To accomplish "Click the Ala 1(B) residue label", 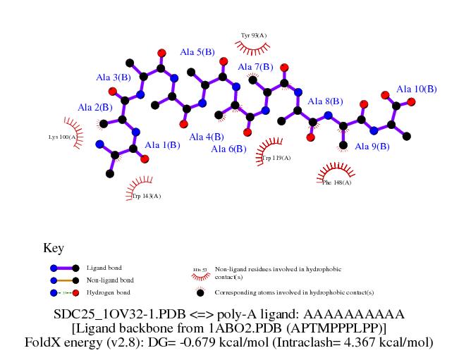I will click(x=162, y=145).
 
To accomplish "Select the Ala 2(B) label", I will click(x=94, y=108).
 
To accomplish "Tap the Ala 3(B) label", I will click(x=114, y=77).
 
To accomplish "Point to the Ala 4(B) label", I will click(x=206, y=137).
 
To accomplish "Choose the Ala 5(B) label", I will click(x=197, y=52).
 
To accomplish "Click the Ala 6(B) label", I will click(x=228, y=149).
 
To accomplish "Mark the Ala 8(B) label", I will click(x=325, y=101).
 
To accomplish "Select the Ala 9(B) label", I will click(x=372, y=147).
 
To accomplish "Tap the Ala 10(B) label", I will click(x=416, y=89).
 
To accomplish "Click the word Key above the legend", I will click(x=54, y=248).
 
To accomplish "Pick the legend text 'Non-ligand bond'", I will click(x=110, y=280).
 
